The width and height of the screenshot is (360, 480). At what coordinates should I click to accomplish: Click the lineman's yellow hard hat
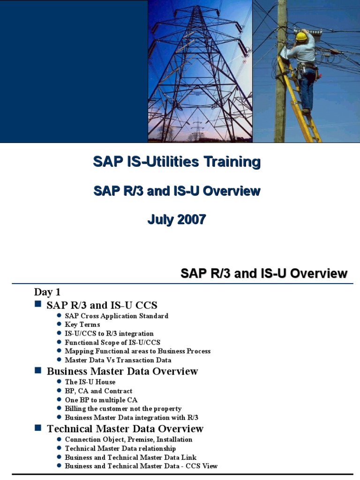(302, 36)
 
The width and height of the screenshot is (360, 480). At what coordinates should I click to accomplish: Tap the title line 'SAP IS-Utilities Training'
(177, 162)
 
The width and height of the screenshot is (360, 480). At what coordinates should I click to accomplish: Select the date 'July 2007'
(177, 219)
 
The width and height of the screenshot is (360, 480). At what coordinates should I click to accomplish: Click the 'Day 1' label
(47, 292)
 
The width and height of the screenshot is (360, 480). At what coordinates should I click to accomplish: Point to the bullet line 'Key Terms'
(82, 324)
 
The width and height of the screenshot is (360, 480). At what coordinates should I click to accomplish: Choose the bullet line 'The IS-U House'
(90, 382)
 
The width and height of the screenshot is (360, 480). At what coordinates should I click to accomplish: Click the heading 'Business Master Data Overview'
(122, 371)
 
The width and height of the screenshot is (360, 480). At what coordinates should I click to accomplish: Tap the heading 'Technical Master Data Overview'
(125, 428)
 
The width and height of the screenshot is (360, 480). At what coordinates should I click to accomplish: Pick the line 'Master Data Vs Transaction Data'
(118, 360)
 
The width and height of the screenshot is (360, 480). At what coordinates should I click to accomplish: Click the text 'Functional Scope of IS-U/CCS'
(112, 342)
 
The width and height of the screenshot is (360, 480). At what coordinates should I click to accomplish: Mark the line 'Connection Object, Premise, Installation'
(128, 439)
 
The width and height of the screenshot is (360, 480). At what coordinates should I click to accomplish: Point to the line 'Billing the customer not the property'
(123, 409)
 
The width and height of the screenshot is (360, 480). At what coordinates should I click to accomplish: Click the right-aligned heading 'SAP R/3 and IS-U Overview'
(264, 274)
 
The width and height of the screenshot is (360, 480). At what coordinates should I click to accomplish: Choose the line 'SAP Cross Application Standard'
(117, 316)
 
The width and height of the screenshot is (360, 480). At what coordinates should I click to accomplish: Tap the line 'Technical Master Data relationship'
(120, 449)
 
